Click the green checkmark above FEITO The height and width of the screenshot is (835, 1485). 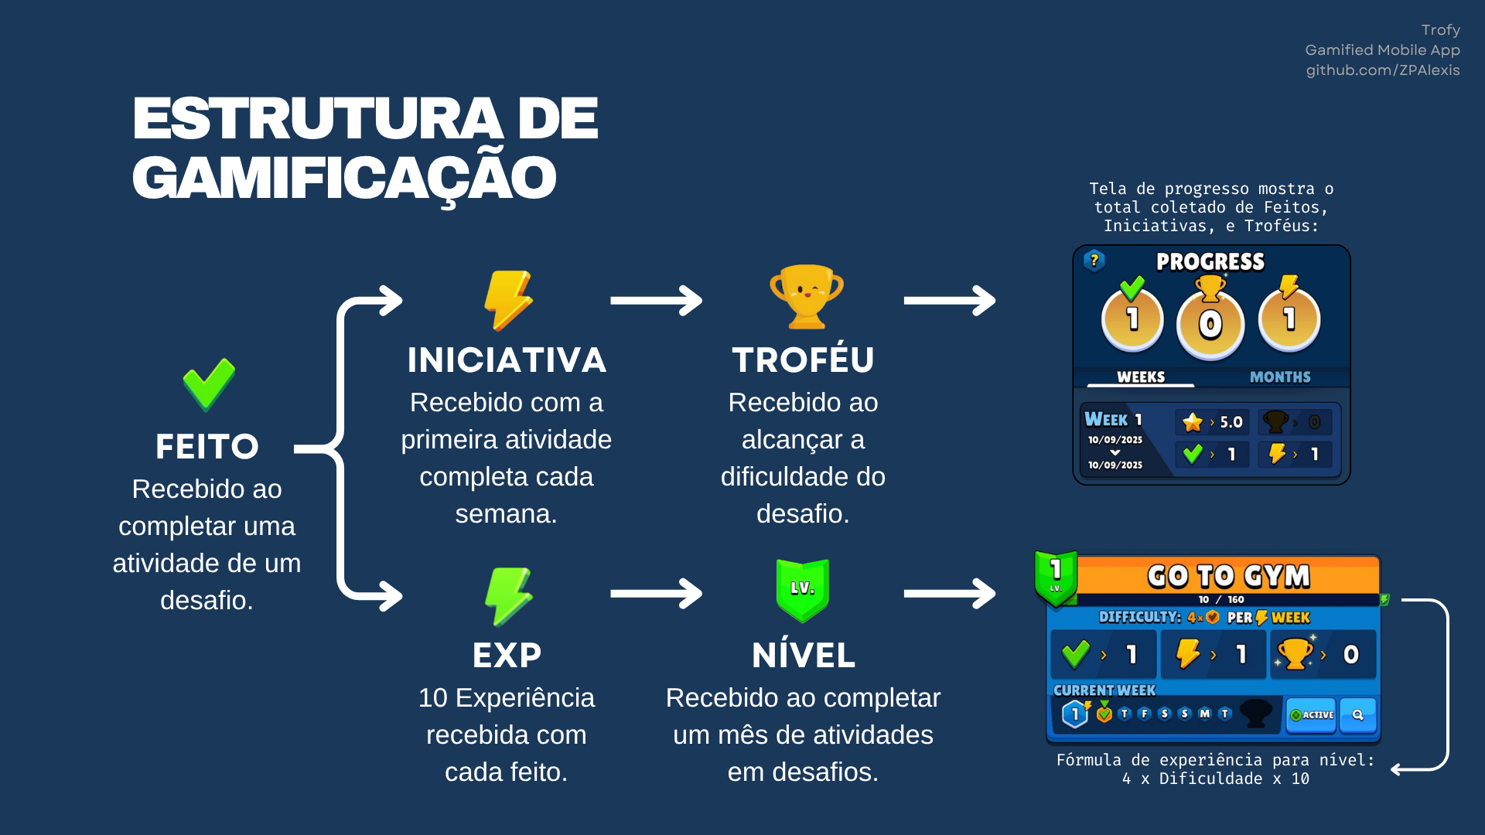tap(209, 384)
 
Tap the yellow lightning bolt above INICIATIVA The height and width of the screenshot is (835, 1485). tap(508, 301)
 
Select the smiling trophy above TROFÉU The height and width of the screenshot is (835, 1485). tap(806, 297)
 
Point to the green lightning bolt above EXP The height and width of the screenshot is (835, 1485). tap(508, 596)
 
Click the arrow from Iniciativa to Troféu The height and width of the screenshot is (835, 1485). tap(656, 301)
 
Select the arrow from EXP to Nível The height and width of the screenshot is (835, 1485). tap(656, 594)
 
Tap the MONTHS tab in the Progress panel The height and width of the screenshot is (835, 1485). tap(1280, 377)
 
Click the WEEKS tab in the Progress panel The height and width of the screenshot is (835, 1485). tap(1141, 377)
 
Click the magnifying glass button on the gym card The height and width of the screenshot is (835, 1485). tap(1358, 715)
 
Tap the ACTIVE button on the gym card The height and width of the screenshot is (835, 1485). tap(1312, 715)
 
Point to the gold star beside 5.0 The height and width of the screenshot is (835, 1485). tap(1193, 422)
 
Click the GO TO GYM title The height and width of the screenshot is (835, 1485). tap(1228, 576)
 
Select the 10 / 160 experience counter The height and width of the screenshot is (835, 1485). tap(1221, 600)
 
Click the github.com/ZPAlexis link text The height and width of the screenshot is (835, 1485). tap(1383, 70)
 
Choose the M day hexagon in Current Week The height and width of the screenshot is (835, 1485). tap(1204, 714)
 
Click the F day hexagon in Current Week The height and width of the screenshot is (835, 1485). tap(1145, 714)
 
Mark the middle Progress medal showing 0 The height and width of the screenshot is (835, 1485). tap(1210, 323)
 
